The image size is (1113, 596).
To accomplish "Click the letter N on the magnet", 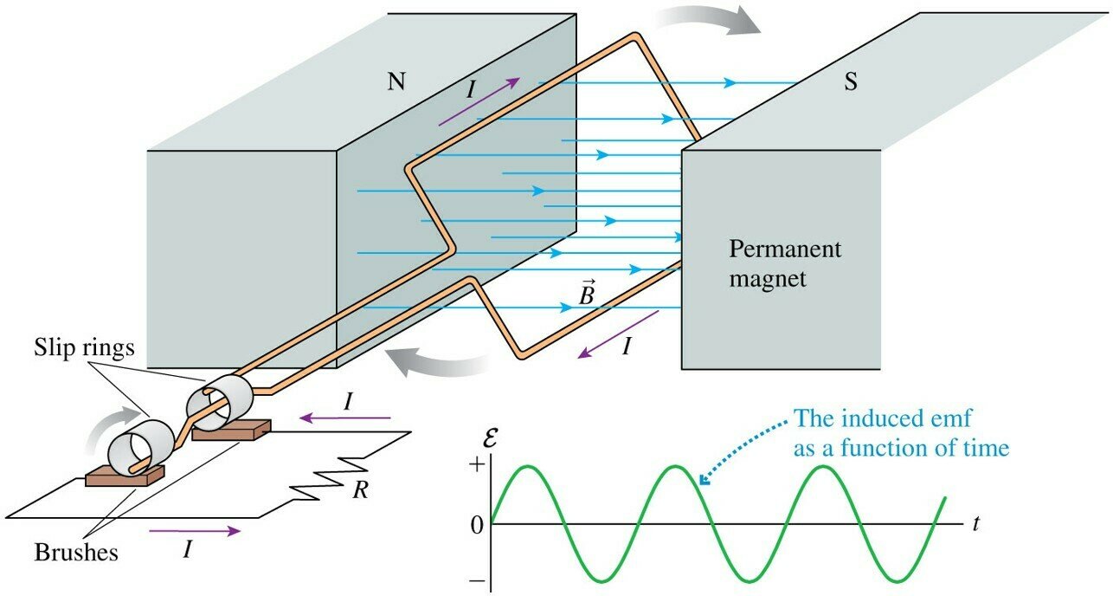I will (x=396, y=81).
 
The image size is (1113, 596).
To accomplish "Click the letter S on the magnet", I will (x=852, y=87).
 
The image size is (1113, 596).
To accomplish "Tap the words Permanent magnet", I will (x=785, y=264).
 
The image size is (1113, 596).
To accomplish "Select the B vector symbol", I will (x=587, y=295).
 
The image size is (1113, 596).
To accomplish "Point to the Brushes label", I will (x=76, y=552).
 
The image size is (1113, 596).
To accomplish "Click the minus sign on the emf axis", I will (x=474, y=583).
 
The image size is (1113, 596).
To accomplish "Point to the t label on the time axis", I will (x=975, y=525).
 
